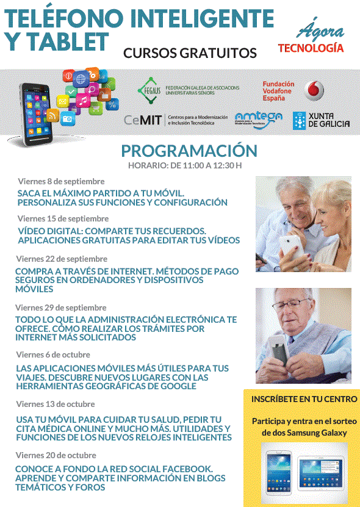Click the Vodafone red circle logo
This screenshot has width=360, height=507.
click(x=314, y=90)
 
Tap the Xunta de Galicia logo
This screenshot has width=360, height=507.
click(x=322, y=120)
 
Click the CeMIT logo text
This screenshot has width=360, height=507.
click(x=143, y=120)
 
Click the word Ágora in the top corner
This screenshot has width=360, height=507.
click(x=320, y=31)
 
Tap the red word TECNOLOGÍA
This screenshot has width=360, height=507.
click(x=311, y=48)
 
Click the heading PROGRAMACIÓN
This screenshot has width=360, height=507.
click(x=189, y=151)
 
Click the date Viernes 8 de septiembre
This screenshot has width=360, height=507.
click(x=61, y=181)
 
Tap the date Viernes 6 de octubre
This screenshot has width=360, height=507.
click(x=54, y=354)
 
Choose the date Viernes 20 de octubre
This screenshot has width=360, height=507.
click(x=56, y=455)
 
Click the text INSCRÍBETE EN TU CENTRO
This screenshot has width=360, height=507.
click(x=304, y=399)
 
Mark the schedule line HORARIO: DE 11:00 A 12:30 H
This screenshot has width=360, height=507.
click(x=184, y=165)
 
